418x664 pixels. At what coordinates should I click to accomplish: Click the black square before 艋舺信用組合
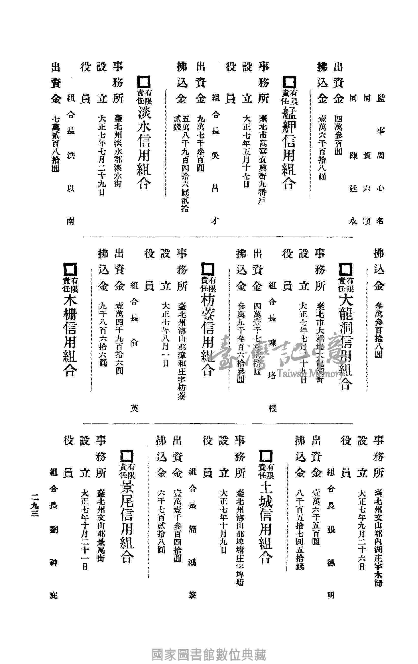(289, 83)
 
